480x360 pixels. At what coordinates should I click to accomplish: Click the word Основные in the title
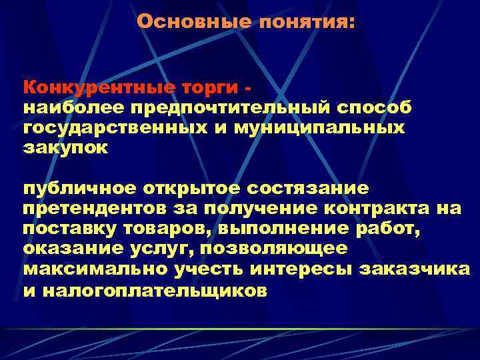193,22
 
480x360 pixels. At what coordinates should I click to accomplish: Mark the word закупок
65,147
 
